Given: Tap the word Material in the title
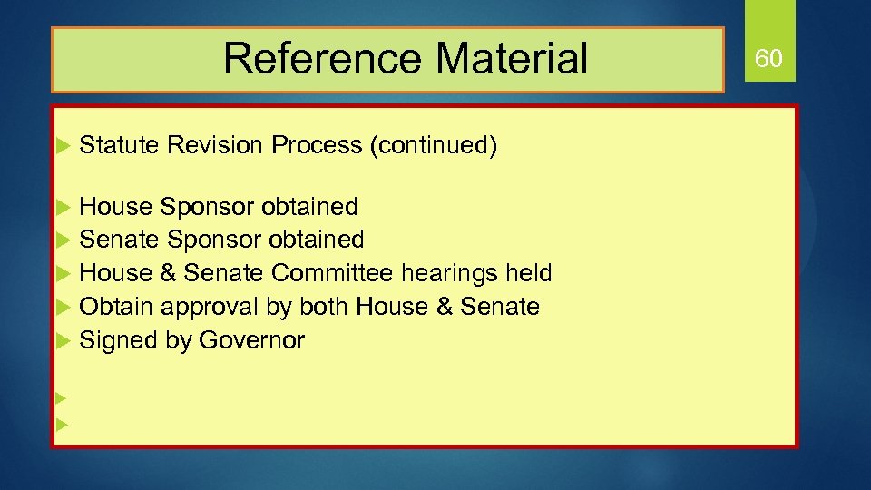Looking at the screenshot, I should tap(512, 59).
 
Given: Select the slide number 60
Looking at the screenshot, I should tap(768, 59).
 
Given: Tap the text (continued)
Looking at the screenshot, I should tap(433, 145).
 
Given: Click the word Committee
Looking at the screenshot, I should tap(332, 273).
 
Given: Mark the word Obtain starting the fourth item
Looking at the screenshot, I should tap(117, 307).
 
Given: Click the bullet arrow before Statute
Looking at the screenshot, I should tap(62, 146).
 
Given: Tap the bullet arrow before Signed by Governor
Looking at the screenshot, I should tap(62, 341).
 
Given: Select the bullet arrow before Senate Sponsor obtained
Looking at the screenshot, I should tap(62, 240).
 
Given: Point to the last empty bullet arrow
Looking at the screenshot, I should tap(62, 424).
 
